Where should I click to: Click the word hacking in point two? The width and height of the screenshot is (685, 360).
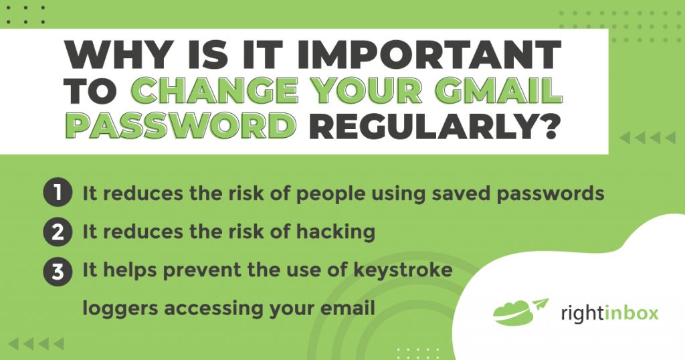[x=334, y=232]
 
